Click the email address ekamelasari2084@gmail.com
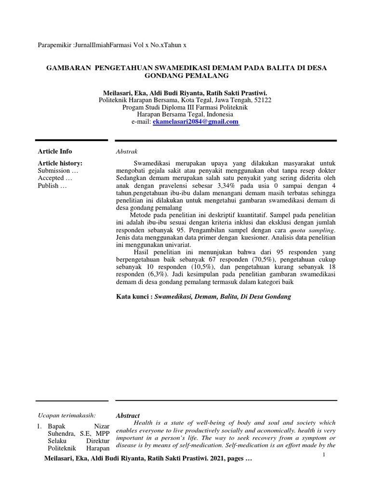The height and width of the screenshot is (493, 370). pos(196,122)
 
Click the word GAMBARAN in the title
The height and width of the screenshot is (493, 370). pos(68,68)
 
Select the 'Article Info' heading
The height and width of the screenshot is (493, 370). pos(55,151)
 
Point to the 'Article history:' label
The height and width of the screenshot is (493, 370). pos(60,163)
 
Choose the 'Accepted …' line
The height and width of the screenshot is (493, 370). pos(55,178)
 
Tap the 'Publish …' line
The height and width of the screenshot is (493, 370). pos(53,186)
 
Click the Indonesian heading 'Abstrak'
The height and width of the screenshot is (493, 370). pos(126,151)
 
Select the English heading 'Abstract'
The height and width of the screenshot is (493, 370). pos(128,415)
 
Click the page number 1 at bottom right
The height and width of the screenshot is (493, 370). pos(325,454)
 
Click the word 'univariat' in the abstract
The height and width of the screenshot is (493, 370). pos(181,245)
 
